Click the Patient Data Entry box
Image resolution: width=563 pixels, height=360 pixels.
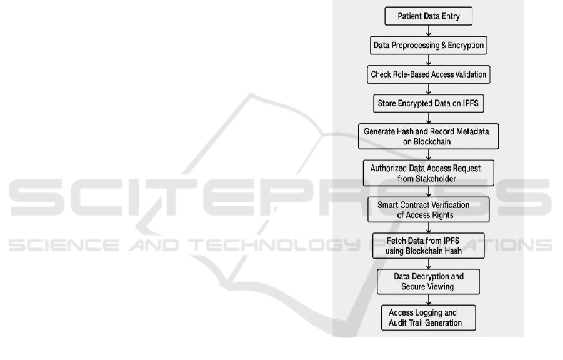pyautogui.click(x=429, y=16)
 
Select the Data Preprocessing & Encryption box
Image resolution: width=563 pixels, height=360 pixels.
pyautogui.click(x=429, y=45)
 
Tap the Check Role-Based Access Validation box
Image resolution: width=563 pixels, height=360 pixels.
pyautogui.click(x=429, y=74)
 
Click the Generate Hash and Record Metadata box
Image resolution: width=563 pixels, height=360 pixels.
pyautogui.click(x=429, y=137)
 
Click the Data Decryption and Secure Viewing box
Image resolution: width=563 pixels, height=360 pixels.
pyautogui.click(x=428, y=281)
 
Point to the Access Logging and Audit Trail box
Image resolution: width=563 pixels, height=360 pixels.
pyautogui.click(x=429, y=317)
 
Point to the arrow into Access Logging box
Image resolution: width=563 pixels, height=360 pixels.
pyautogui.click(x=429, y=299)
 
